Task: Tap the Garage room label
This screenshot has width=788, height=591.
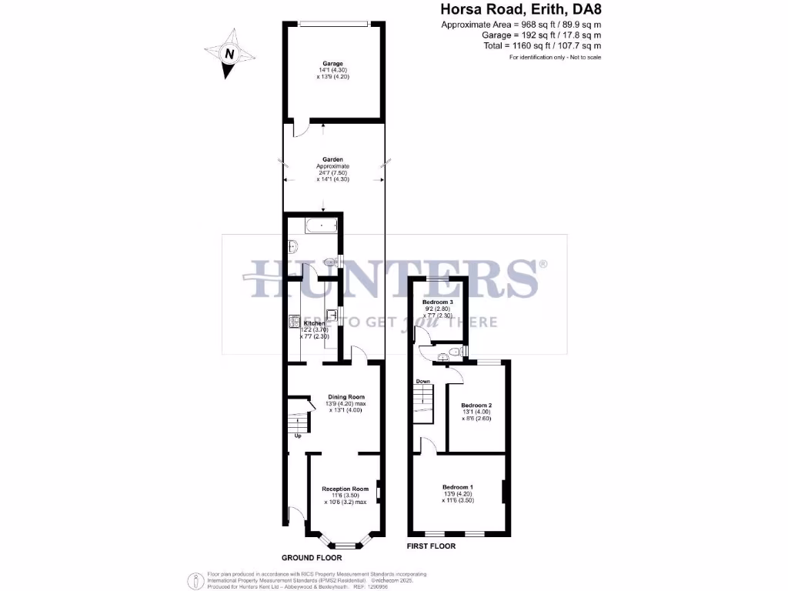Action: pyautogui.click(x=332, y=64)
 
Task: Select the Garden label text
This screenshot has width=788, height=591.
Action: pyautogui.click(x=332, y=159)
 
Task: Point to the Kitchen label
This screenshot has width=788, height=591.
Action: pyautogui.click(x=314, y=323)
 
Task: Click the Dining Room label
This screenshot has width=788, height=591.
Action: pyautogui.click(x=336, y=397)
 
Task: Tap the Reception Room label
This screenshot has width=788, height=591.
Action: pyautogui.click(x=345, y=489)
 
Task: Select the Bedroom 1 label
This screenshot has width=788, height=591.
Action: pyautogui.click(x=458, y=487)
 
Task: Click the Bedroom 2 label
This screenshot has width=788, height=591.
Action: pyautogui.click(x=476, y=406)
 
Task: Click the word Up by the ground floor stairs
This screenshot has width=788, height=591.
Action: pyautogui.click(x=298, y=437)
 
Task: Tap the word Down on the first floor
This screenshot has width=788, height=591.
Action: pyautogui.click(x=422, y=381)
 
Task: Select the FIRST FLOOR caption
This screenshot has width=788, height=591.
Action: pyautogui.click(x=431, y=546)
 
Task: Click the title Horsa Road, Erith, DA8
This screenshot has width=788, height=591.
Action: pyautogui.click(x=520, y=10)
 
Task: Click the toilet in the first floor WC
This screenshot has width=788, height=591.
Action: pyautogui.click(x=456, y=352)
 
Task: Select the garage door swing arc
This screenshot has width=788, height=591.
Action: pyautogui.click(x=303, y=129)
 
